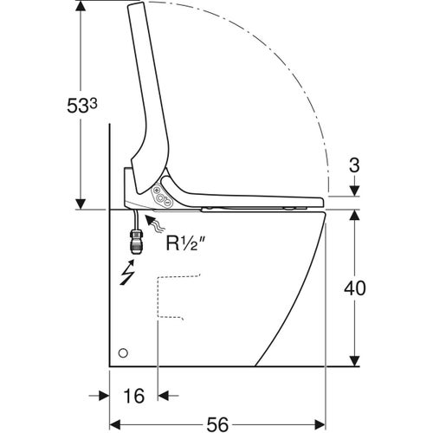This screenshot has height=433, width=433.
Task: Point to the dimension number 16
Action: pyautogui.click(x=132, y=396)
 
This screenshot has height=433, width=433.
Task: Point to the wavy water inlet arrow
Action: pyautogui.click(x=155, y=226)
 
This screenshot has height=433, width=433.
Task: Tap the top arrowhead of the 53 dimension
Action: pyautogui.click(x=80, y=7)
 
